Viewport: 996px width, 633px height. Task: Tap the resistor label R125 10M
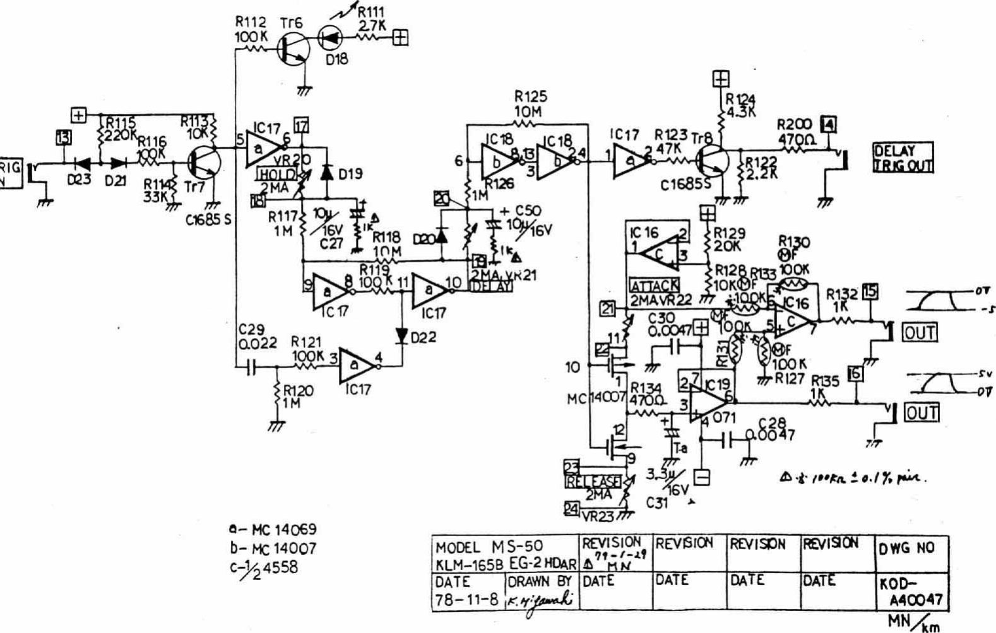[x=530, y=105]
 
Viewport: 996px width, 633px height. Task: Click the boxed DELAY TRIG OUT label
[x=903, y=158]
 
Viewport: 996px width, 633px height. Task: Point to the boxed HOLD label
[x=276, y=175]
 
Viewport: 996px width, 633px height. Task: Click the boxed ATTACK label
[x=655, y=286]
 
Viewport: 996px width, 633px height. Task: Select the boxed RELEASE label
[x=593, y=481]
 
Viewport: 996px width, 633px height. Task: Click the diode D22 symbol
[x=401, y=335]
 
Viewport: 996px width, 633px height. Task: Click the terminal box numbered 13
[x=63, y=136]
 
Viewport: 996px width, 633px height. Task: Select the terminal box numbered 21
[x=607, y=308]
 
